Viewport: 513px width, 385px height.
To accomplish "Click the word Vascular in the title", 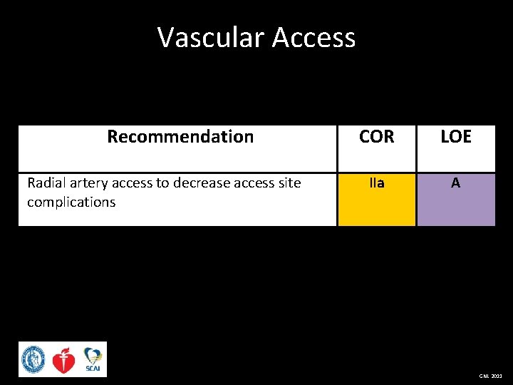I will pyautogui.click(x=205, y=37).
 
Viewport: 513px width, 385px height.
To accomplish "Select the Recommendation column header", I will pyautogui.click(x=180, y=137).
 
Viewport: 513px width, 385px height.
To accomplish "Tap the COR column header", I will pyautogui.click(x=376, y=137).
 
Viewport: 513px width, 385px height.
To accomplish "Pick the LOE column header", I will pyautogui.click(x=455, y=137).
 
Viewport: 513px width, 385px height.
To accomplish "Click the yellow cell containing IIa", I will pyautogui.click(x=376, y=203).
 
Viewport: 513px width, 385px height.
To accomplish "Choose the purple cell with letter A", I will pyautogui.click(x=455, y=203).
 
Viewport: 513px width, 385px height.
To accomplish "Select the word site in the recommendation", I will pyautogui.click(x=289, y=183).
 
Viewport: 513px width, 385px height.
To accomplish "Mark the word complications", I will pyautogui.click(x=71, y=202).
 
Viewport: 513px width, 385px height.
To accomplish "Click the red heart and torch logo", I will pyautogui.click(x=64, y=360).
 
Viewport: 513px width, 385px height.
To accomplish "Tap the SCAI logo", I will pyautogui.click(x=93, y=359).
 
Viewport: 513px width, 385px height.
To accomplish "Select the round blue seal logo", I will pyautogui.click(x=33, y=359).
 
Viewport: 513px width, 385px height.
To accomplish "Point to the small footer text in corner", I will pyautogui.click(x=490, y=376).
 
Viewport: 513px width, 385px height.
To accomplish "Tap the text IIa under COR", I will pyautogui.click(x=376, y=183).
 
